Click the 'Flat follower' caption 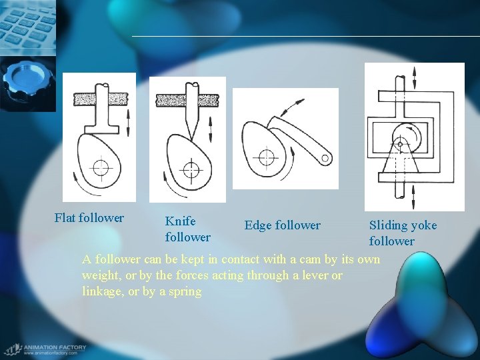tap(89, 218)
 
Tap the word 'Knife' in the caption tap(180, 221)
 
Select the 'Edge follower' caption tap(282, 226)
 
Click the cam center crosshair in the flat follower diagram tap(100, 167)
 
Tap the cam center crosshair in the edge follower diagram tap(267, 158)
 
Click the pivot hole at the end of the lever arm tap(325, 159)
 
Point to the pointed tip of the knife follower tap(191, 137)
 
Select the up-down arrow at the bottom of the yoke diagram tap(414, 198)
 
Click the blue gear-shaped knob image tap(23, 83)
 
